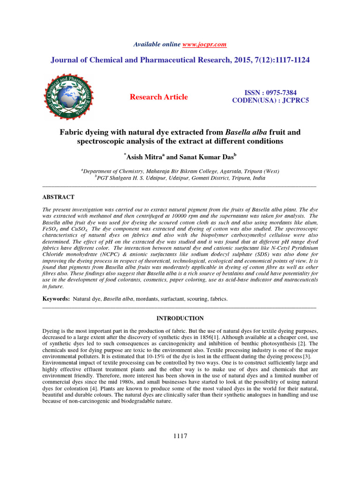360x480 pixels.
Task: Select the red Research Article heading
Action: tap(158, 97)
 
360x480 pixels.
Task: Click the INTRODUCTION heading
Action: tap(180, 318)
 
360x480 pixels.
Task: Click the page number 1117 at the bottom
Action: tap(180, 436)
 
